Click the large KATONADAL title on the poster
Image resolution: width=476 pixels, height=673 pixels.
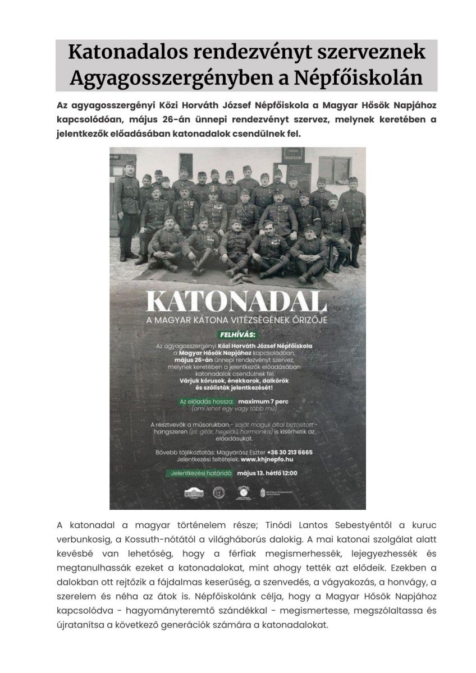coord(237,302)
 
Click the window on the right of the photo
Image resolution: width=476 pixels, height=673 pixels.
coord(336,167)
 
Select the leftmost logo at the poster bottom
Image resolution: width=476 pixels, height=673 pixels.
coord(193,492)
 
